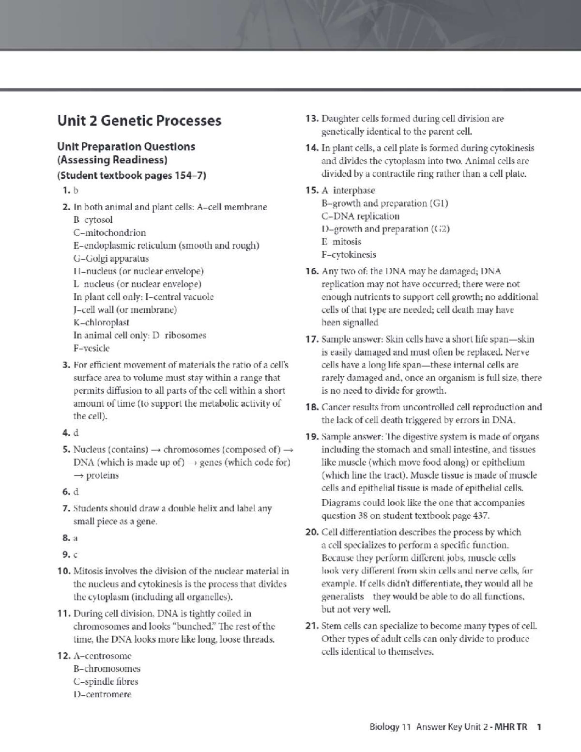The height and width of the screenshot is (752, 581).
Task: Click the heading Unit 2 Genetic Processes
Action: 139,121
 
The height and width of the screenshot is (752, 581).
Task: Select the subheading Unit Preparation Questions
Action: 126,147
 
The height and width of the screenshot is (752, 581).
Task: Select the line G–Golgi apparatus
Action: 111,259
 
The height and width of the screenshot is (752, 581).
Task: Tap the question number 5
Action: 66,449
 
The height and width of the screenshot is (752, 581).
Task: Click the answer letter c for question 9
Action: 76,554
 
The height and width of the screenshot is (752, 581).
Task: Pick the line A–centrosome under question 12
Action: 102,656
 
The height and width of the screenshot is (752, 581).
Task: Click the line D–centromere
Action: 102,694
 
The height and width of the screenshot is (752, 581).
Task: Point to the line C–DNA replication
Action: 360,216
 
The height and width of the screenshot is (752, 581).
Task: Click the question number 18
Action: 312,407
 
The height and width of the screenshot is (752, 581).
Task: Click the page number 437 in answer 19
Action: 480,516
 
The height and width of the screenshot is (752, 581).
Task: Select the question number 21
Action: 312,626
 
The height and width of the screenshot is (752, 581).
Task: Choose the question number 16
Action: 312,271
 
